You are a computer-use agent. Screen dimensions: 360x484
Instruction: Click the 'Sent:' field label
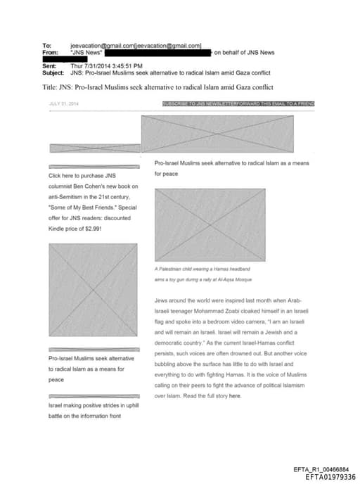pyautogui.click(x=49, y=65)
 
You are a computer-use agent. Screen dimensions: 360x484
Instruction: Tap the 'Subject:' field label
pyautogui.click(x=53, y=71)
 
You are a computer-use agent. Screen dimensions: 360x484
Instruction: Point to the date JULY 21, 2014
pyautogui.click(x=63, y=103)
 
